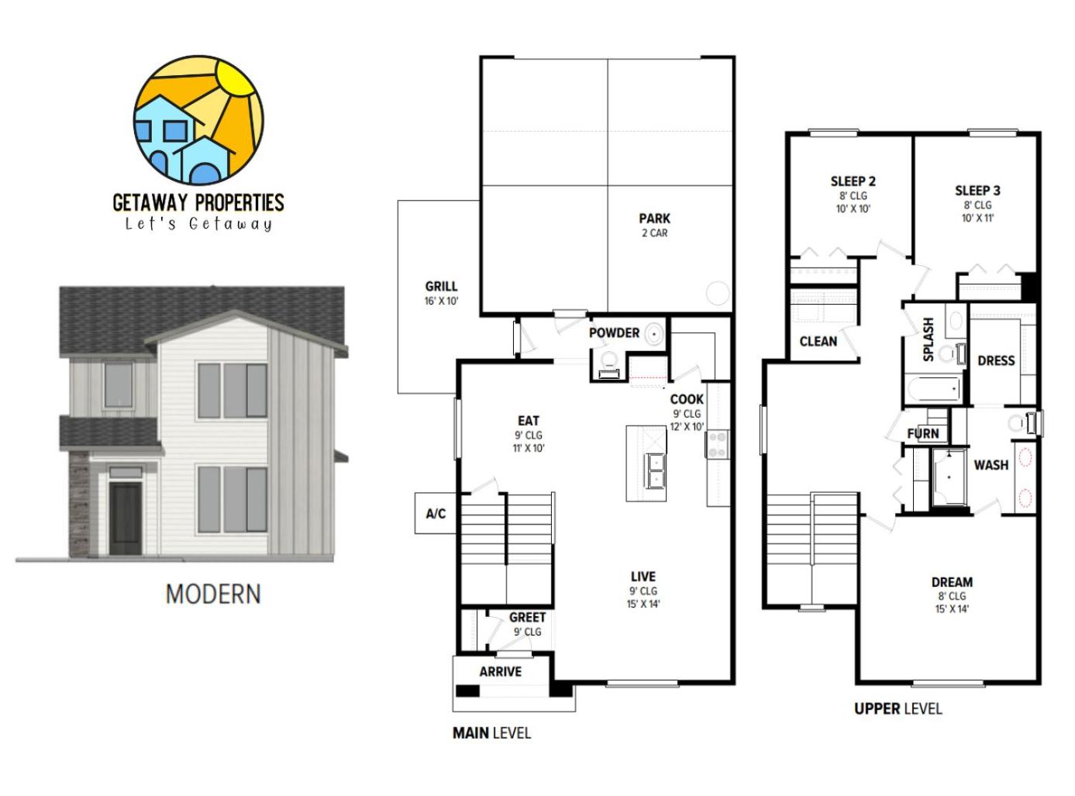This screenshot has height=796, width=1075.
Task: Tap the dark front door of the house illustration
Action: coord(126,519)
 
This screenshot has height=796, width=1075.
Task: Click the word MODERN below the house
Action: coord(213,594)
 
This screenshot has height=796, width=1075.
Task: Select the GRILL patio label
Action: coord(441,286)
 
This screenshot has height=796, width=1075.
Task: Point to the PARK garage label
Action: coord(654,218)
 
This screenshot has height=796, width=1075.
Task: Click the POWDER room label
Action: coord(614,333)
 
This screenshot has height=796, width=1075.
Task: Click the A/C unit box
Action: coord(436,513)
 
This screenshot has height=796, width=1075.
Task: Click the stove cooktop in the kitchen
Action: coord(717,445)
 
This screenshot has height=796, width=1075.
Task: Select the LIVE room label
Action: coord(643,577)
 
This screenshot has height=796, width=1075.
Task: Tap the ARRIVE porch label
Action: coord(501,671)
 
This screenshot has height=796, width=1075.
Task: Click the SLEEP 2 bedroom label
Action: coord(853,181)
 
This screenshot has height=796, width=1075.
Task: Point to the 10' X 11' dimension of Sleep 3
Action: coord(977,218)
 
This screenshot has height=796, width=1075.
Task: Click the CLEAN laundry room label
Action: coord(818,341)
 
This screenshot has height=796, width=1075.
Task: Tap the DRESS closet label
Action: coord(996,360)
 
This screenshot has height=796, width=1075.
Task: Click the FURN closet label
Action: coord(923,433)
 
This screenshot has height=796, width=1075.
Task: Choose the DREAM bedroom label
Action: coord(952,582)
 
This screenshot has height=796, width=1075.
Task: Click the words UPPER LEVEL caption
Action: coord(898,708)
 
